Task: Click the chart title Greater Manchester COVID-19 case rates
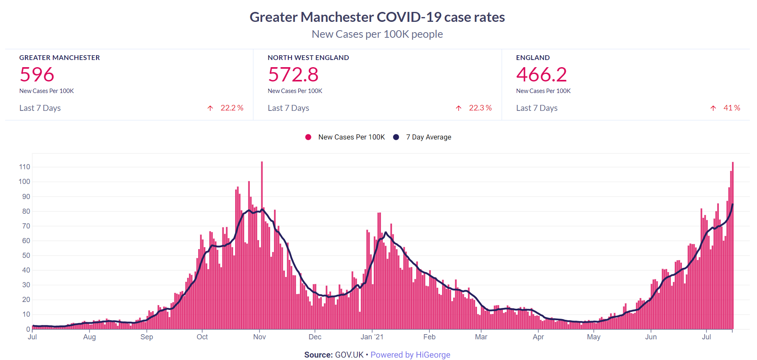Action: pos(377,17)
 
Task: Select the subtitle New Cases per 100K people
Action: pos(377,34)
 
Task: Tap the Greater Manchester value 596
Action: pos(37,74)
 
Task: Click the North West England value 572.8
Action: pos(293,74)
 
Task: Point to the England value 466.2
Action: pos(541,74)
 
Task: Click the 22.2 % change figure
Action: pos(232,108)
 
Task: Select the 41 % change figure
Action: pos(732,108)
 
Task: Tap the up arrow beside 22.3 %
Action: pos(459,108)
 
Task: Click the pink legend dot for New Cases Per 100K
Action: pos(308,137)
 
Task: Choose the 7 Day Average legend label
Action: pos(428,137)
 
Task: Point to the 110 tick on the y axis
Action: pos(25,167)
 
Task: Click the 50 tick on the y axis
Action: pos(26,255)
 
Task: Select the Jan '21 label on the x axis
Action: pos(372,337)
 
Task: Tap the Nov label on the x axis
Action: pos(259,337)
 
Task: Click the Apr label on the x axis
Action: pos(538,337)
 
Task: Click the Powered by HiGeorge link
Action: pos(410,355)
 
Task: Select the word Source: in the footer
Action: pos(318,355)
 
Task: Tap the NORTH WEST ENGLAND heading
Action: pos(308,58)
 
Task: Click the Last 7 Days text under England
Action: pos(537,108)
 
